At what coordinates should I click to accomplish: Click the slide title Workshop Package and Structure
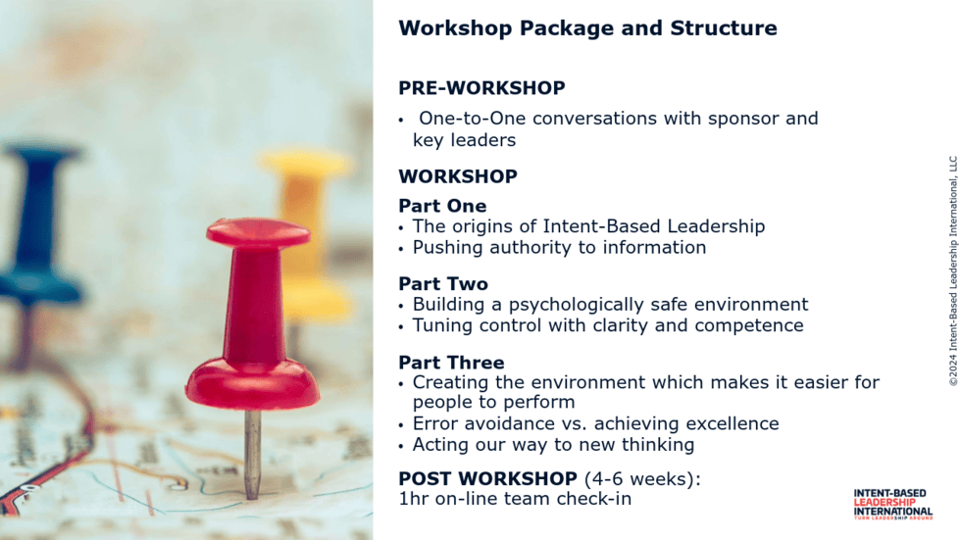(587, 28)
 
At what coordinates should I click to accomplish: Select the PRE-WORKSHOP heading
(481, 88)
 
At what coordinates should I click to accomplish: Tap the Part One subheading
(442, 206)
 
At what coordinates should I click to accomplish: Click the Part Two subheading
(443, 284)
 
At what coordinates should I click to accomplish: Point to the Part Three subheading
(451, 363)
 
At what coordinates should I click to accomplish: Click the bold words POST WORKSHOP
(488, 478)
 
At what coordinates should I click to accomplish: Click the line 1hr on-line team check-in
(515, 499)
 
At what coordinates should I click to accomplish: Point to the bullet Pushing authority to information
(559, 247)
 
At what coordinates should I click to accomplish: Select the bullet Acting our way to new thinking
(553, 445)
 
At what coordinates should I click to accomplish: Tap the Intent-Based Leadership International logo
(893, 505)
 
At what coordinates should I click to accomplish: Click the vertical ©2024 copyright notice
(953, 271)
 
